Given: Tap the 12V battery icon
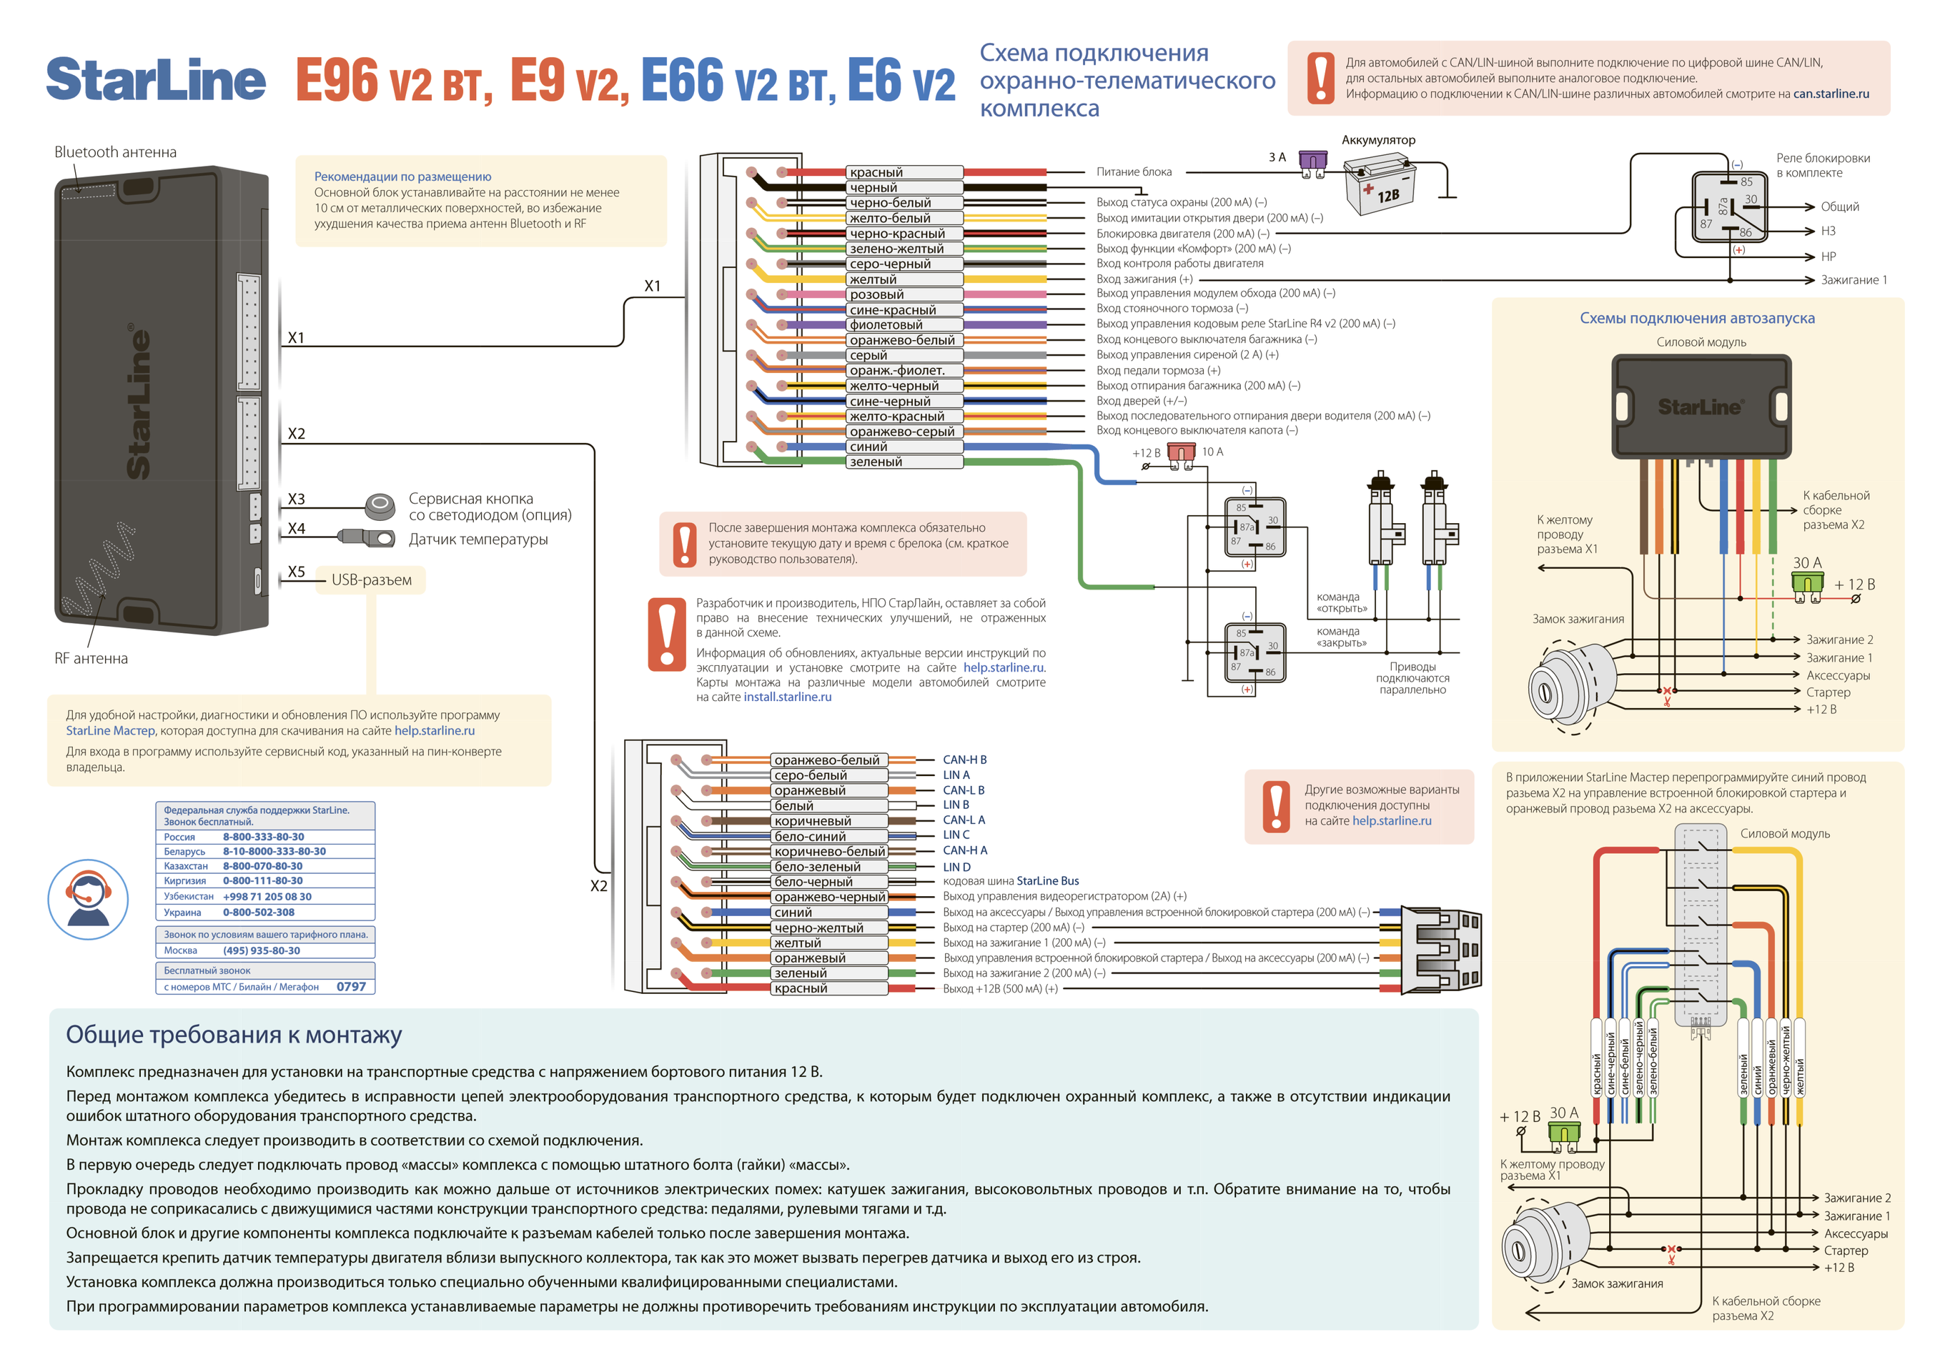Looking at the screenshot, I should click(x=1379, y=184).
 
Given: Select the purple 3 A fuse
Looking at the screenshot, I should click(x=1312, y=163).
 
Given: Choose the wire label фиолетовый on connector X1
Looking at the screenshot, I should click(x=886, y=325).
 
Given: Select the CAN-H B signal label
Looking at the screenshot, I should click(x=964, y=760).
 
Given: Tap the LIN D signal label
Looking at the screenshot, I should click(x=956, y=867).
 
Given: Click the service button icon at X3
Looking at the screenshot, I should click(x=380, y=506).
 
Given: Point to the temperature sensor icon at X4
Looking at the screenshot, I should click(x=367, y=537).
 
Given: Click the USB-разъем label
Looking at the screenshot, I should click(x=371, y=580).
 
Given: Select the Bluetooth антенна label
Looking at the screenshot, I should click(x=115, y=152).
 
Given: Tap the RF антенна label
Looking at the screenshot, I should click(x=91, y=658).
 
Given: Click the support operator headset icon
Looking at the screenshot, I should click(x=88, y=900).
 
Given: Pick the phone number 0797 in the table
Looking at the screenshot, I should click(x=351, y=987).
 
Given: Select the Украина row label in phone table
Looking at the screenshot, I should click(x=182, y=913).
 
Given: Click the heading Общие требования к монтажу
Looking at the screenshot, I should click(x=233, y=1035).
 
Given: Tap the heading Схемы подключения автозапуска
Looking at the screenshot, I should click(x=1697, y=319).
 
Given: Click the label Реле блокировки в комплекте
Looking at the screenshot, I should click(x=1822, y=166).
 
